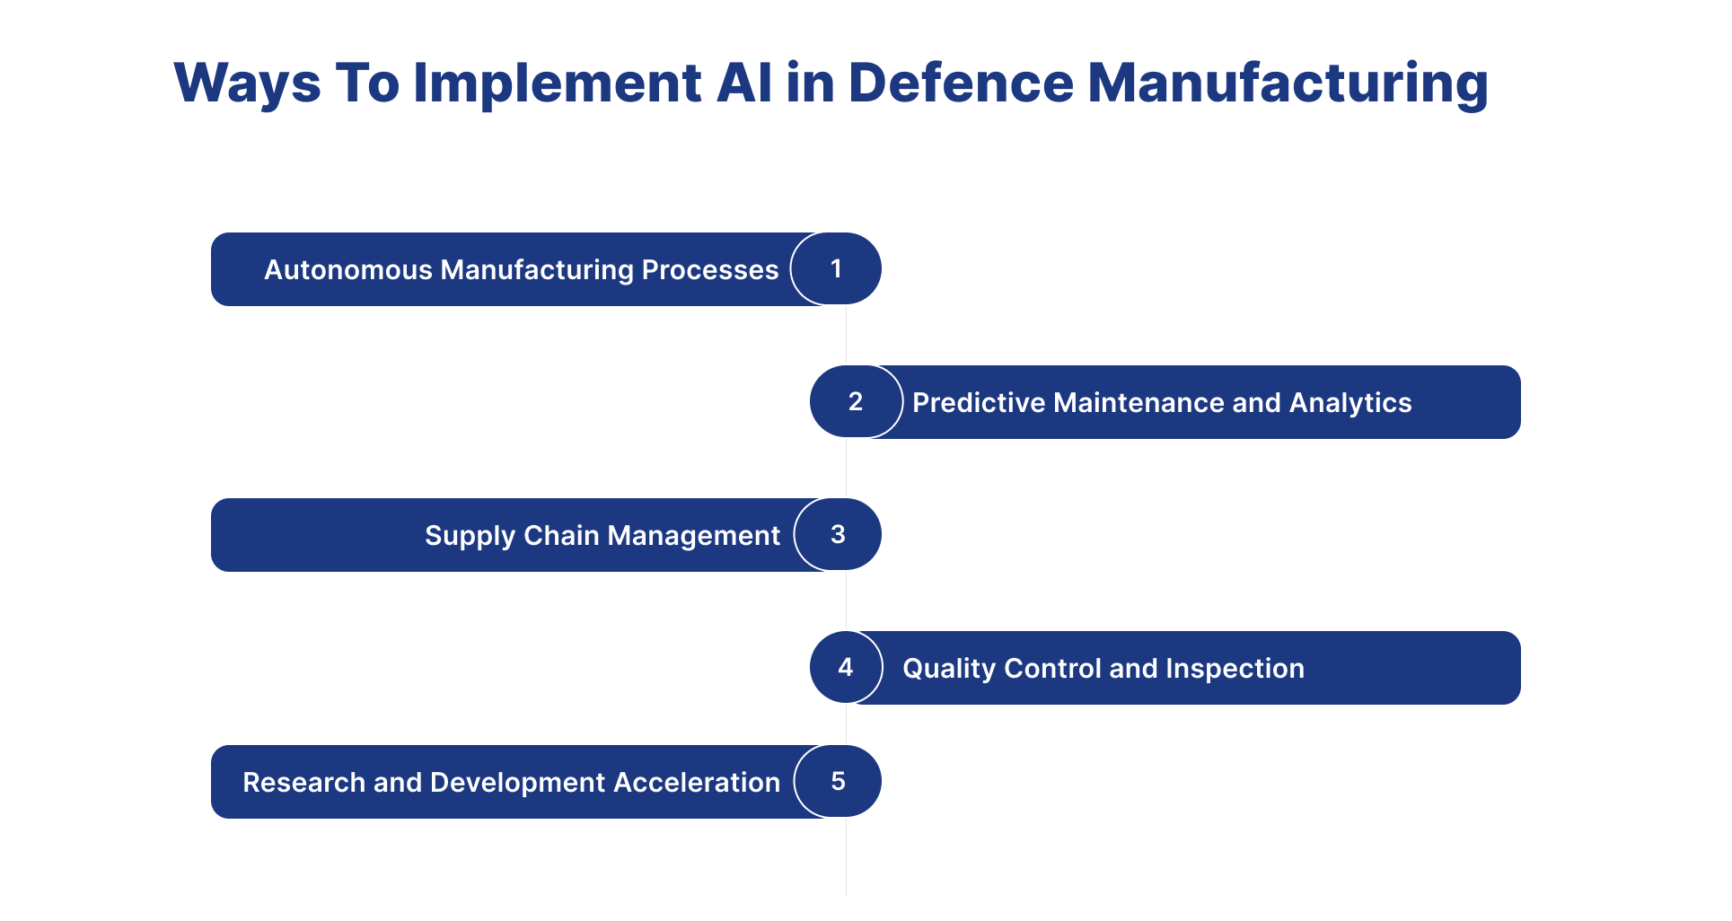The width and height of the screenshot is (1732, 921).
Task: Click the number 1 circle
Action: [836, 268]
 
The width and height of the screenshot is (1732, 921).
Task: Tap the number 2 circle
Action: [856, 401]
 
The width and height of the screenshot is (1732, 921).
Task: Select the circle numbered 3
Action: [838, 534]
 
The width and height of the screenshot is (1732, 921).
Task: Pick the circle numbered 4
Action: [846, 667]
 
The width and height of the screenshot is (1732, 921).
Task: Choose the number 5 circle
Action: [838, 781]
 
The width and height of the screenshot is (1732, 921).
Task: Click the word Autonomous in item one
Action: [348, 269]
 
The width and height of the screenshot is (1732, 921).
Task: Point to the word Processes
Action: [710, 269]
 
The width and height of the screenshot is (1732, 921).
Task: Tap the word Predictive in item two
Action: [979, 402]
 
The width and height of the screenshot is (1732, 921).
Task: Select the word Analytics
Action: [1350, 403]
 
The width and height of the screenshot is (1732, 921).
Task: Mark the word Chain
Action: [562, 535]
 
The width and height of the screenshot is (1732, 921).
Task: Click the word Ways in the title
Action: [247, 83]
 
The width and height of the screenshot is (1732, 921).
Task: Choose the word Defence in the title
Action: [961, 83]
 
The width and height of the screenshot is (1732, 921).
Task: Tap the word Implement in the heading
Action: [558, 83]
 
